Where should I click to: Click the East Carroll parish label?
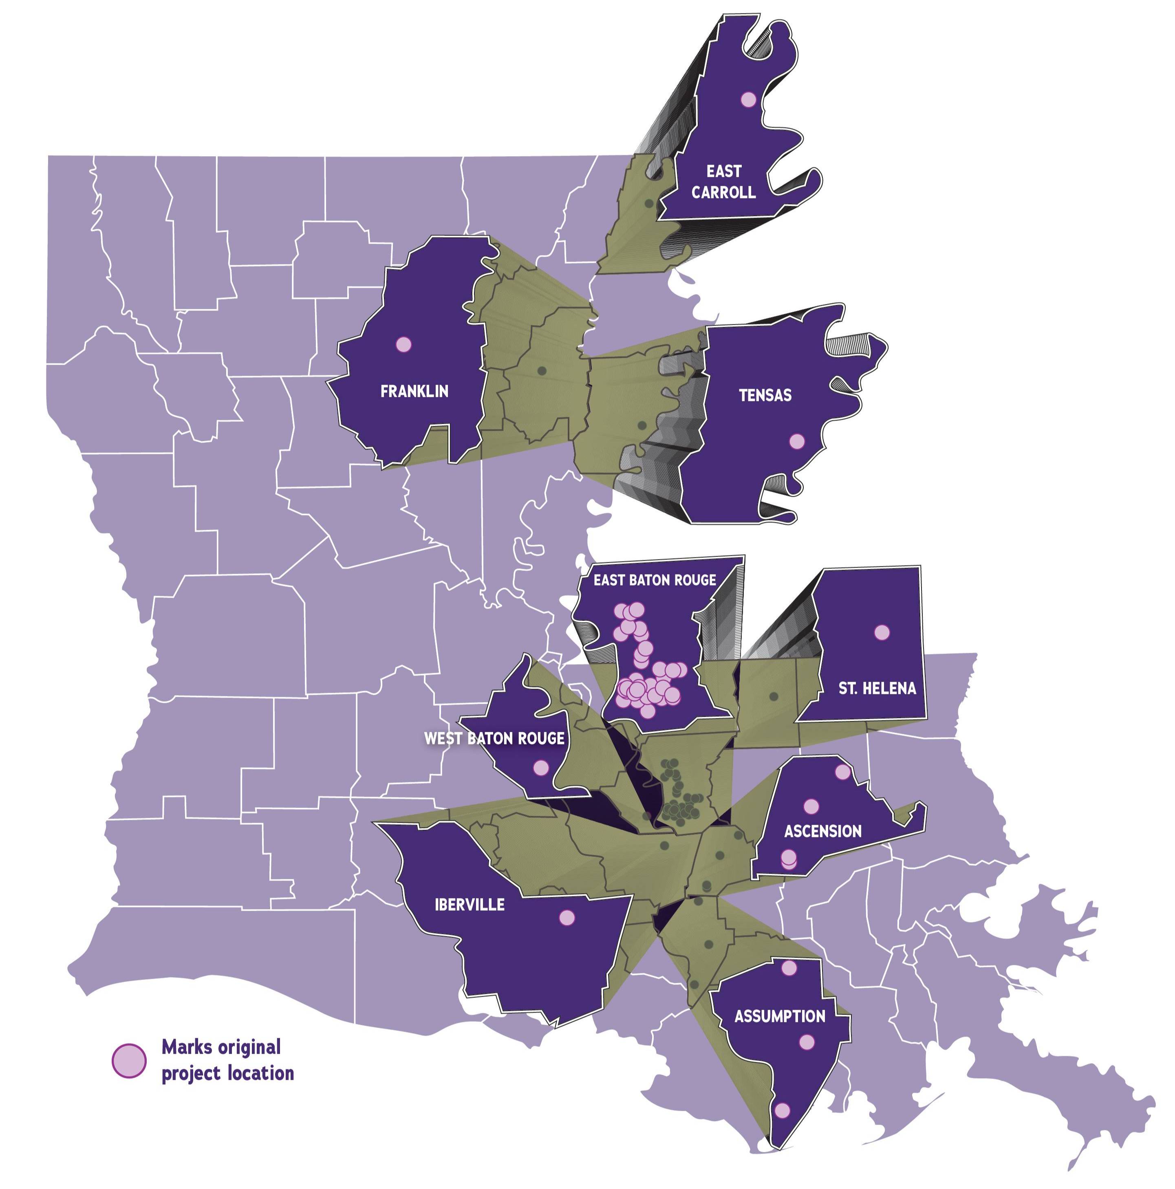click(723, 182)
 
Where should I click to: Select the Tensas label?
click(765, 395)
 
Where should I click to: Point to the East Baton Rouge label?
click(654, 580)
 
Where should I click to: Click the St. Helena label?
click(877, 688)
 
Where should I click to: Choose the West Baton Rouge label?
click(494, 738)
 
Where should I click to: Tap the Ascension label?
click(822, 831)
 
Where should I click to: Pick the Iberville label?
click(470, 905)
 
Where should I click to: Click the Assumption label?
click(780, 1016)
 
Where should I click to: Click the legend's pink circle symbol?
click(129, 1060)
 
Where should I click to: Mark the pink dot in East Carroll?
click(748, 99)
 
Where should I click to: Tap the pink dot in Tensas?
click(796, 441)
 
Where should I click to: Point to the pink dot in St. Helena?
click(882, 632)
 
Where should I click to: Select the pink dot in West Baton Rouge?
click(540, 767)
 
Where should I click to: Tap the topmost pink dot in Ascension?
click(842, 772)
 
